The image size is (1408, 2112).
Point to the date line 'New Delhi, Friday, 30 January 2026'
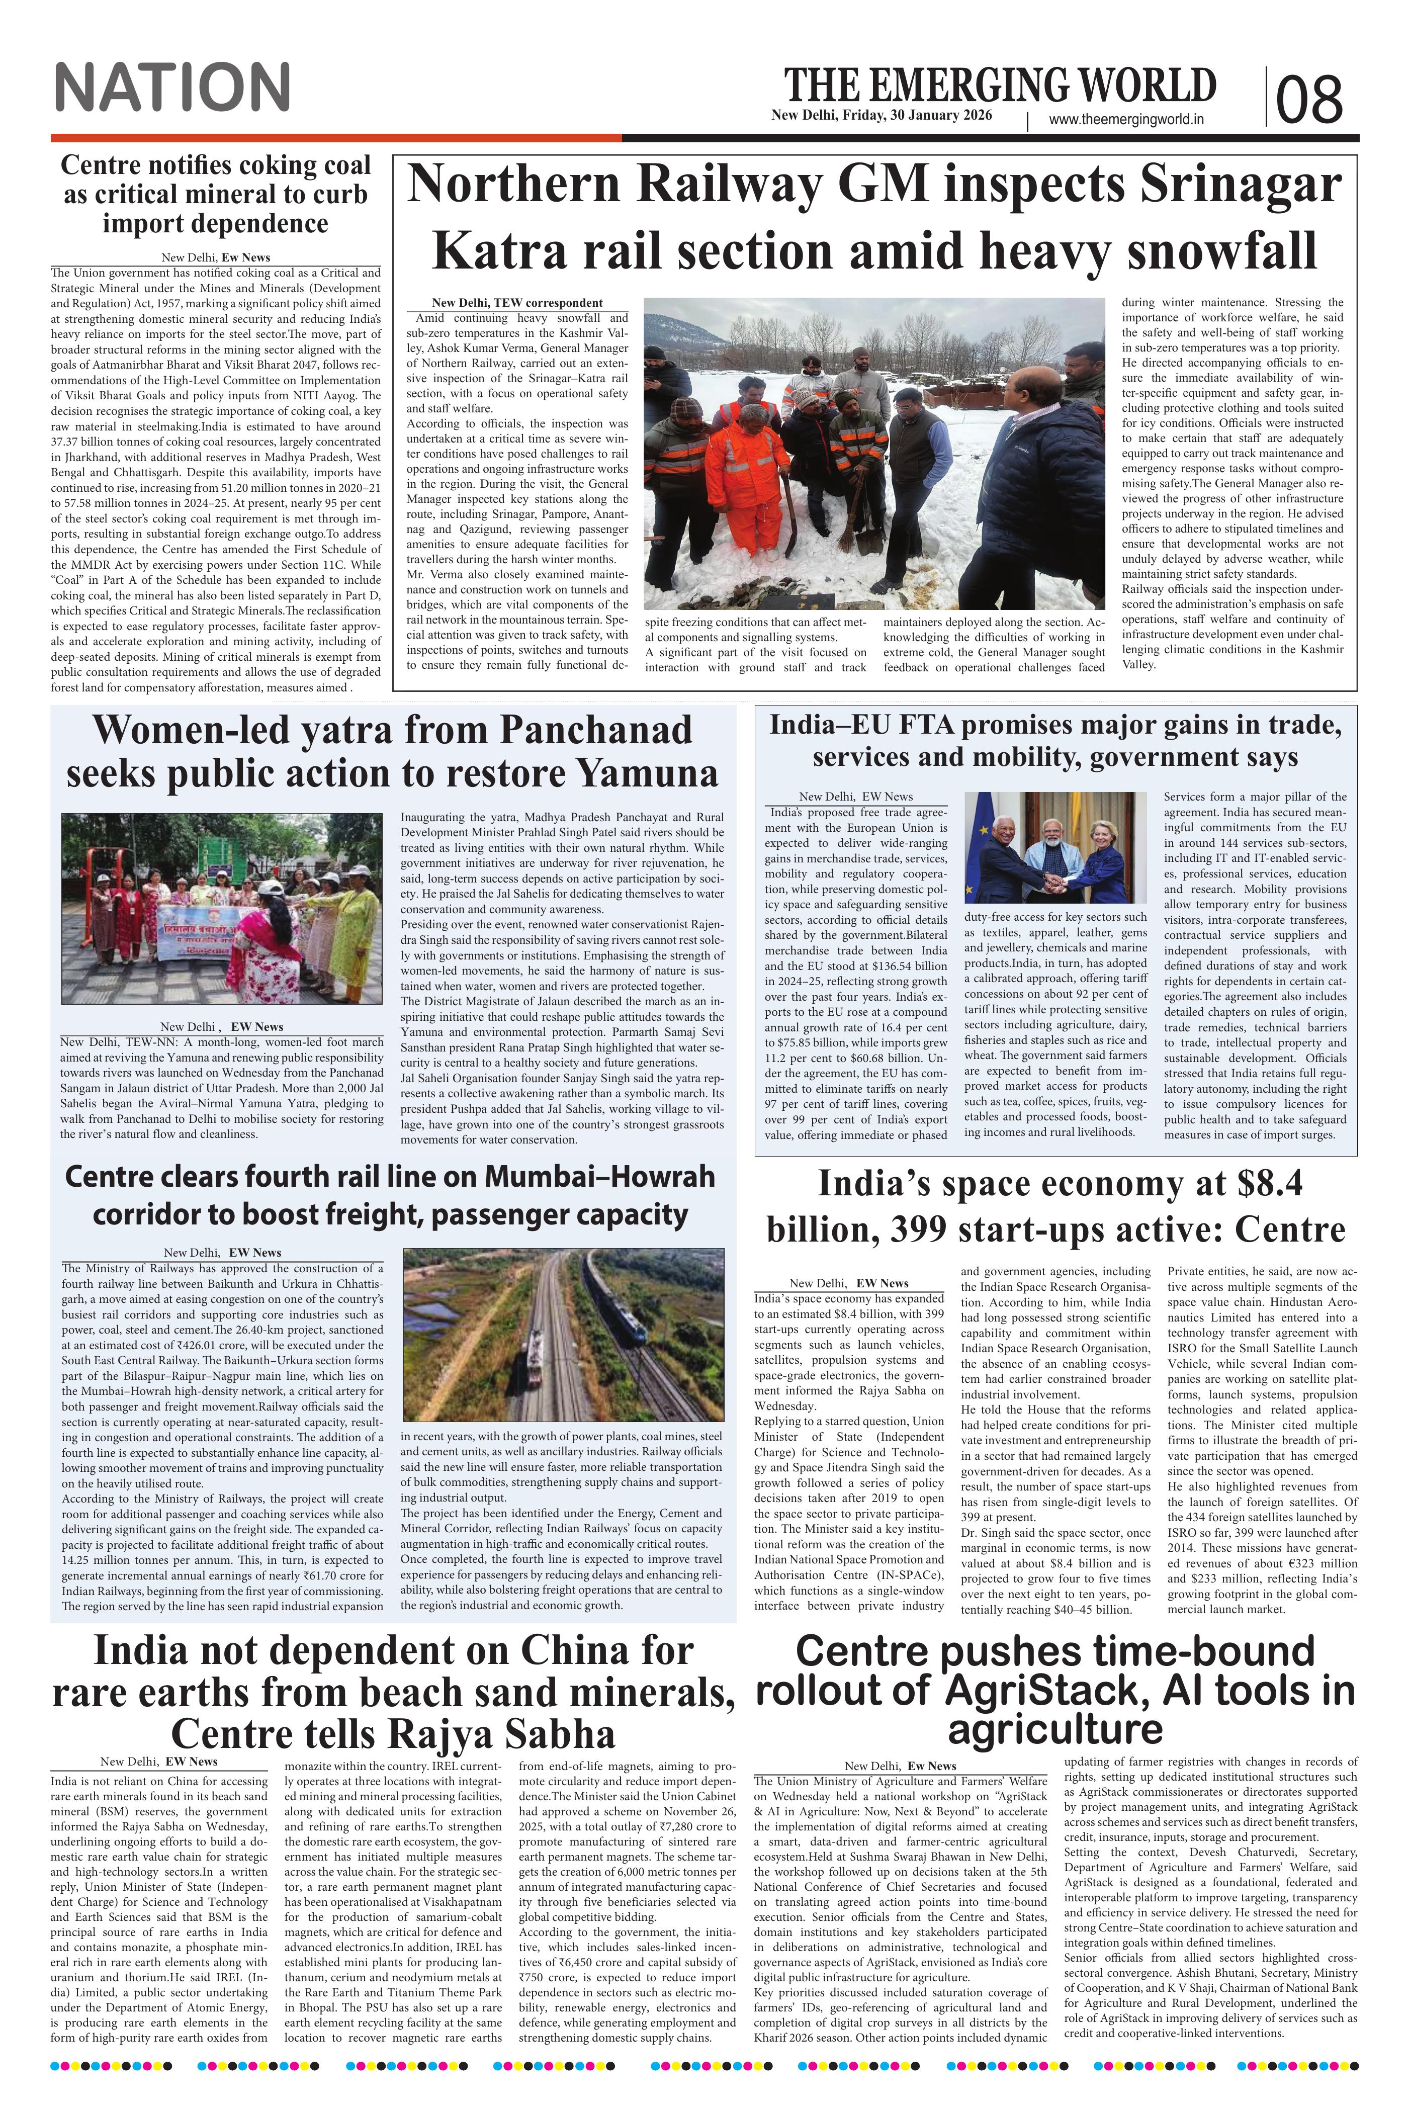click(881, 116)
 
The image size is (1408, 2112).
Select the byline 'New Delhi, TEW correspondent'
click(517, 303)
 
